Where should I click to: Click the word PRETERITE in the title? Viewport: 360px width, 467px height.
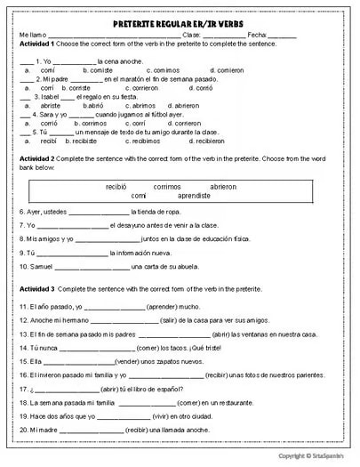(141, 20)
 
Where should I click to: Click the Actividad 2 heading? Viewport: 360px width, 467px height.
(36, 157)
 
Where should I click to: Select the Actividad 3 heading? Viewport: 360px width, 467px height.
(36, 290)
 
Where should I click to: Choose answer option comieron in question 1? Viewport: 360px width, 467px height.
(228, 68)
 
